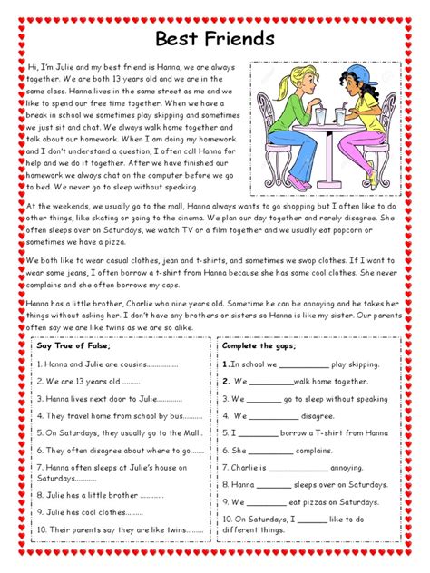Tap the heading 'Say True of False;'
coord(73,346)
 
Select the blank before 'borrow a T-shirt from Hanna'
coord(259,433)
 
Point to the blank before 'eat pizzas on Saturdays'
coord(267,502)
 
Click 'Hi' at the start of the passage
coord(34,68)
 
